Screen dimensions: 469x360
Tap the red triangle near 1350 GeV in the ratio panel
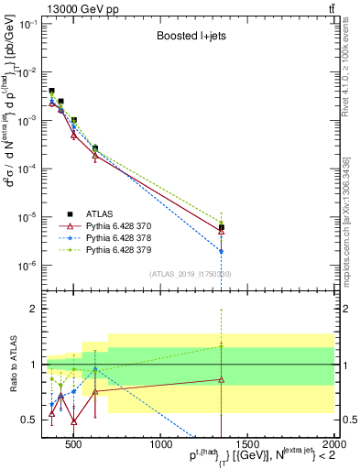[x=222, y=379]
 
